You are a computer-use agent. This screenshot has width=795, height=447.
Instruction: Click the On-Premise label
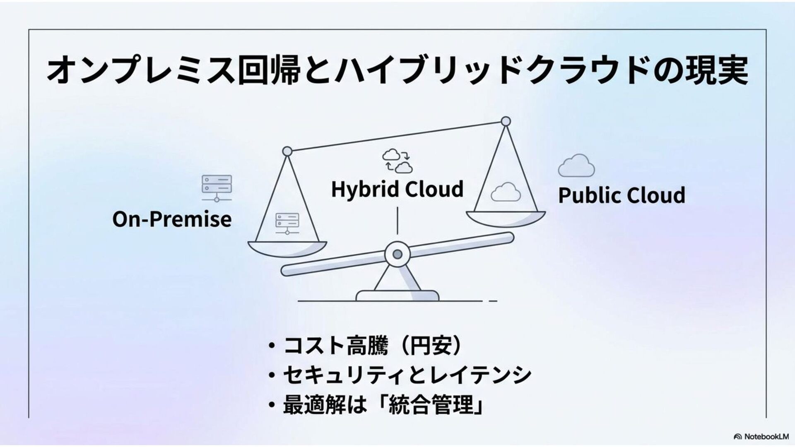(x=172, y=219)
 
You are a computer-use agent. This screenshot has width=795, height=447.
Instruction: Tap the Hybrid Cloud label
(x=397, y=189)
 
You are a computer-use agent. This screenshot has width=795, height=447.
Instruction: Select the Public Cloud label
(x=622, y=195)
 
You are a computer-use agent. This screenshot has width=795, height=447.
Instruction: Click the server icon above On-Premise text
(x=217, y=187)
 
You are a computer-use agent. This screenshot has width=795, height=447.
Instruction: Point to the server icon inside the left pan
(x=287, y=223)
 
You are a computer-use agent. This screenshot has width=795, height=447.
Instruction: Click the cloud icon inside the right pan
(x=505, y=192)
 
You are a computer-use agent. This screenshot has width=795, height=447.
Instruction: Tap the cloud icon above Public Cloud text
(x=576, y=166)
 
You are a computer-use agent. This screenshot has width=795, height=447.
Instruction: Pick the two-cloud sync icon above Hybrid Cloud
(x=397, y=161)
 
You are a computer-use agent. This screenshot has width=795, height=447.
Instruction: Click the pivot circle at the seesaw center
(x=397, y=254)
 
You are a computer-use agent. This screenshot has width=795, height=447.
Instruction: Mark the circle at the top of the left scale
(x=287, y=151)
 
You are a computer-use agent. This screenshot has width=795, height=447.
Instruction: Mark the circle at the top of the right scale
(x=506, y=122)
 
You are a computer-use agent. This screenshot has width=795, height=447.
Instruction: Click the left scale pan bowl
(x=287, y=249)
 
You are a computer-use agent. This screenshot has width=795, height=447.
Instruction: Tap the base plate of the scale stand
(x=397, y=296)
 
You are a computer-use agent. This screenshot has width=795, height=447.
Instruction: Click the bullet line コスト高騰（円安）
(x=372, y=346)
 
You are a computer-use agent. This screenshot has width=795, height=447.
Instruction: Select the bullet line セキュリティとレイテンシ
(x=407, y=375)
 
